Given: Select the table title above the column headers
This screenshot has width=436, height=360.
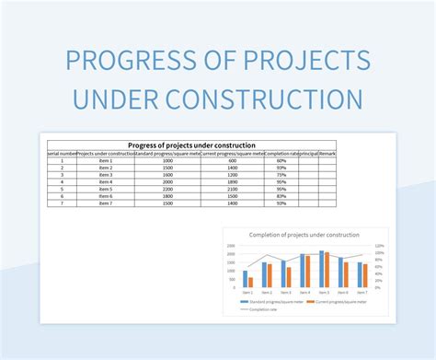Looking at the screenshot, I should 191,145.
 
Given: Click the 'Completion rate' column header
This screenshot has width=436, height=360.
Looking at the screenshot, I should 281,153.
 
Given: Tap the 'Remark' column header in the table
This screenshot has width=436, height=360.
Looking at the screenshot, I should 327,153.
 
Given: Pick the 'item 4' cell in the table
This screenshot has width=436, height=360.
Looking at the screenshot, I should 105,182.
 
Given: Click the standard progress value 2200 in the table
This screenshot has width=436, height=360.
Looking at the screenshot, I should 166,189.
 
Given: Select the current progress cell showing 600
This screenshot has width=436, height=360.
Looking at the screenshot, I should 234,161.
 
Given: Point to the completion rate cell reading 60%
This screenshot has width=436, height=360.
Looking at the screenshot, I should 281,161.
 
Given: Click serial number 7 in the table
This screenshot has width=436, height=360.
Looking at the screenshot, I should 62,203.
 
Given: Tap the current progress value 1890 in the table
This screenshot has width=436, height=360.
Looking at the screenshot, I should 234,182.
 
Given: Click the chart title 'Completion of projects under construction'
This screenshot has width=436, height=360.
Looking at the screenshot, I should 304,235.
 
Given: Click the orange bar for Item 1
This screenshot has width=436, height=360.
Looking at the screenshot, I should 250,283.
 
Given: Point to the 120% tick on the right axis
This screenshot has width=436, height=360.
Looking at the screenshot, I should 379,246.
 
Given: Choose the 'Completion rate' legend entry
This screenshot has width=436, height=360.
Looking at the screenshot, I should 260,309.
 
